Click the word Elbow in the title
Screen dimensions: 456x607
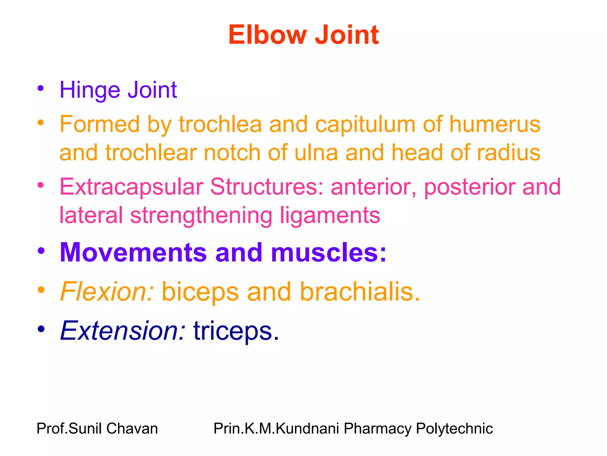tap(267, 35)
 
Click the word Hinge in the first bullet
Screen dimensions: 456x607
tap(90, 90)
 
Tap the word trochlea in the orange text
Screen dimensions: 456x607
tap(220, 124)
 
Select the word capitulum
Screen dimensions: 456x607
tap(365, 124)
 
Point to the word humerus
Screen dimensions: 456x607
tap(495, 124)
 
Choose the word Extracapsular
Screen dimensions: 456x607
tap(131, 187)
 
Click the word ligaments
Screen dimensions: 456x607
tap(330, 216)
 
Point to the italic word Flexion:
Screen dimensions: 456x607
tap(107, 292)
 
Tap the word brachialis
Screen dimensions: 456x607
tap(360, 292)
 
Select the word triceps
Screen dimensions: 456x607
tap(236, 331)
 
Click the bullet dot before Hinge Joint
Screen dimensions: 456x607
tap(41, 88)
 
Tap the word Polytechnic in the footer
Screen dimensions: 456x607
tap(454, 428)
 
